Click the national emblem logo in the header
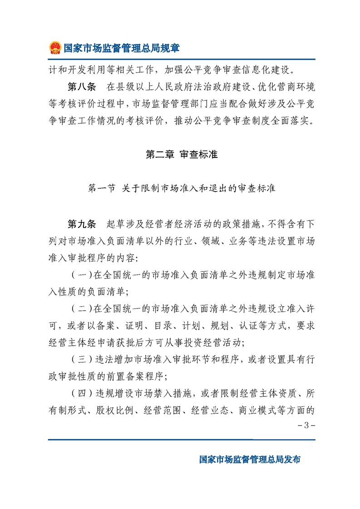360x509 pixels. (x=55, y=48)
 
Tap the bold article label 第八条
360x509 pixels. (x=81, y=86)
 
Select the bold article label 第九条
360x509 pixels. (x=81, y=224)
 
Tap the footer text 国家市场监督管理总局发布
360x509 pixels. (x=250, y=459)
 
